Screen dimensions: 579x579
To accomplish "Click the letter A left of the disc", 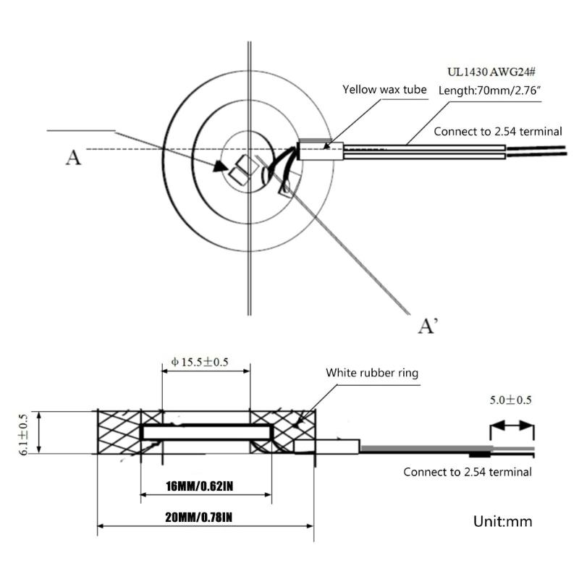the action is point(73,158).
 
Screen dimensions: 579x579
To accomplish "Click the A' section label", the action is point(428,326).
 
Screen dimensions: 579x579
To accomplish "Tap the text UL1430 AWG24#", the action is point(491,72).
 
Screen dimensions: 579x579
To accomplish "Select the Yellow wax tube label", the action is point(384,89).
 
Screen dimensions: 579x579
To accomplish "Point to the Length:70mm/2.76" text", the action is point(490,90).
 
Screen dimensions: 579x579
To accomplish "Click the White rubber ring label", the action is point(372,373).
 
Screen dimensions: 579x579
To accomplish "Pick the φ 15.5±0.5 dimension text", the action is point(200,362).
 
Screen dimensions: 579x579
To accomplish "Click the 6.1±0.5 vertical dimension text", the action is point(23,435).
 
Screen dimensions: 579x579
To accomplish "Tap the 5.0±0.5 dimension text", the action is point(511,400).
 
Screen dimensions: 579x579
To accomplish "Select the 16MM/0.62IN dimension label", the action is point(200,486).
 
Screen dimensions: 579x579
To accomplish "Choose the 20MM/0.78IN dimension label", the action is point(198,517).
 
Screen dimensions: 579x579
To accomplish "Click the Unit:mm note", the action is point(502,521).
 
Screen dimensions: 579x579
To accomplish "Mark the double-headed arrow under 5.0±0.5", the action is point(512,426).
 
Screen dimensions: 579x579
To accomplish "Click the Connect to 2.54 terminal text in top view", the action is point(498,132).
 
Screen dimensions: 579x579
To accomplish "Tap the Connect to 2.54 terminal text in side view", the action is point(468,472).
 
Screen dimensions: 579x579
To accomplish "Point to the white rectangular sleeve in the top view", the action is point(321,151).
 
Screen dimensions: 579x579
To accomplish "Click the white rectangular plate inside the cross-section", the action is point(206,432).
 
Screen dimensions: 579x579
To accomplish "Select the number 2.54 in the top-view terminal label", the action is point(506,132).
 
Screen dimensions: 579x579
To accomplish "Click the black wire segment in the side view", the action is point(480,455).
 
